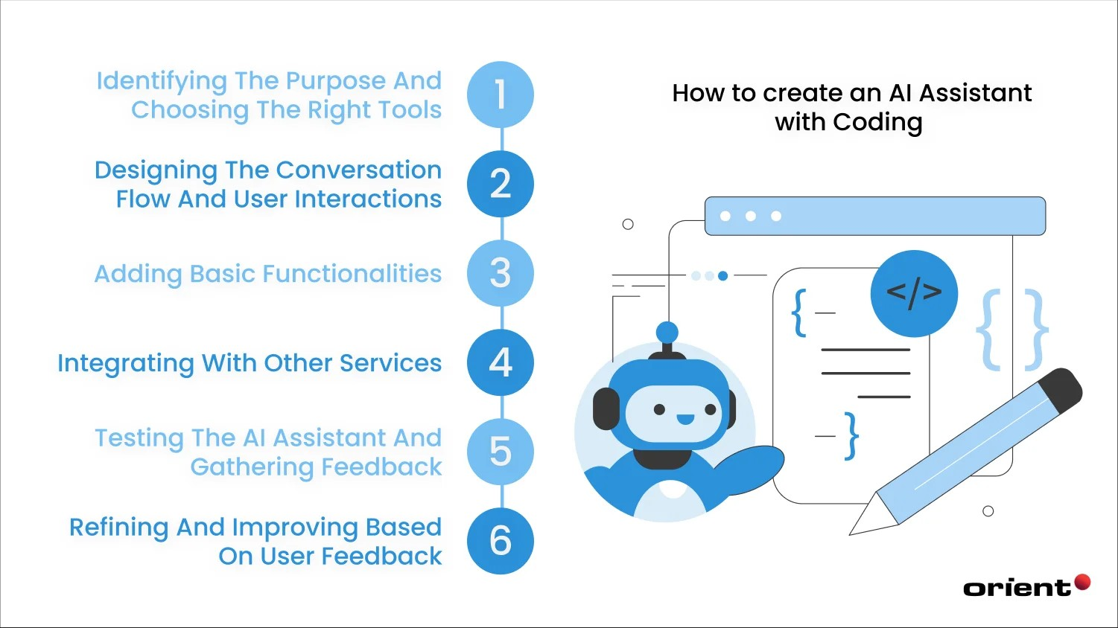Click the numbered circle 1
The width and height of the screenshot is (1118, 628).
(x=501, y=94)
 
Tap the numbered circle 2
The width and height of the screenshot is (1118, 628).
(x=501, y=184)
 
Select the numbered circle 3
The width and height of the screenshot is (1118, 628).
(x=501, y=273)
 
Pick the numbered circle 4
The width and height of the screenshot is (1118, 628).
(x=501, y=362)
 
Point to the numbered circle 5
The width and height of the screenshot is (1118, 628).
(x=501, y=452)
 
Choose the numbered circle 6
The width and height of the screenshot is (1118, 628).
(x=501, y=541)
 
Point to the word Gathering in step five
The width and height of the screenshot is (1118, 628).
(x=251, y=467)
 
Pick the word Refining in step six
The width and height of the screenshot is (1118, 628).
(x=118, y=528)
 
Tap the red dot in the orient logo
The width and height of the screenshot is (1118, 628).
(x=1082, y=582)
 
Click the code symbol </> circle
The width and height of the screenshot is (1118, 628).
(x=914, y=293)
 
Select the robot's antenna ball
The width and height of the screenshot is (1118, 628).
(x=667, y=332)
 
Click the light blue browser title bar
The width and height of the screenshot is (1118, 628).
(x=874, y=216)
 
